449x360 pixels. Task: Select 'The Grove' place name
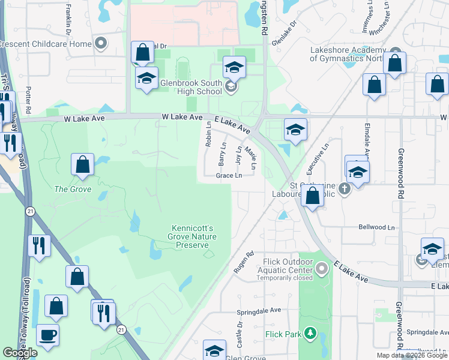tap(73, 189)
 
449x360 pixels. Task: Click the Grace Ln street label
tap(229, 176)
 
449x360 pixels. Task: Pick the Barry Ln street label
tap(223, 154)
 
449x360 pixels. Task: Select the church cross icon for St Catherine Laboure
tap(343, 188)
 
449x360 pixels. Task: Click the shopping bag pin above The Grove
tap(82, 164)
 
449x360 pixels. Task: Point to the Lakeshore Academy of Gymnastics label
tap(347, 55)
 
